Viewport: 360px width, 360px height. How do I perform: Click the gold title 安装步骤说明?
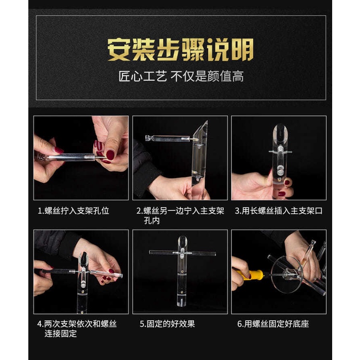click(180, 50)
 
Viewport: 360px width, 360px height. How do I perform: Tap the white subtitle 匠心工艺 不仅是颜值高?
click(181, 76)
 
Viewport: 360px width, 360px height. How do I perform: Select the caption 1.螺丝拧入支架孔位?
click(73, 211)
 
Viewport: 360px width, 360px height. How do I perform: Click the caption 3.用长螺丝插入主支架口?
click(279, 211)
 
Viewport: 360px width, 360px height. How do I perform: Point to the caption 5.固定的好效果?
click(168, 324)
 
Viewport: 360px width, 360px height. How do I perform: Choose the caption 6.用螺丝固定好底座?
click(273, 324)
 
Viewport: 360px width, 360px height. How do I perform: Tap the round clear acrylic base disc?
click(287, 275)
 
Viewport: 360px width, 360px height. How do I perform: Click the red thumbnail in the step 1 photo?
click(110, 155)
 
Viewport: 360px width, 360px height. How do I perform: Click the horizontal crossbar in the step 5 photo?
click(182, 253)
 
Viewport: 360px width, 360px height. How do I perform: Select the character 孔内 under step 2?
click(152, 221)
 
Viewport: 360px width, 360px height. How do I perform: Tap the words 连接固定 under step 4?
click(60, 334)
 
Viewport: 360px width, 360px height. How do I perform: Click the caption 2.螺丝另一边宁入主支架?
click(180, 211)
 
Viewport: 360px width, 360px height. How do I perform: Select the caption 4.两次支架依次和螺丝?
click(77, 324)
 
